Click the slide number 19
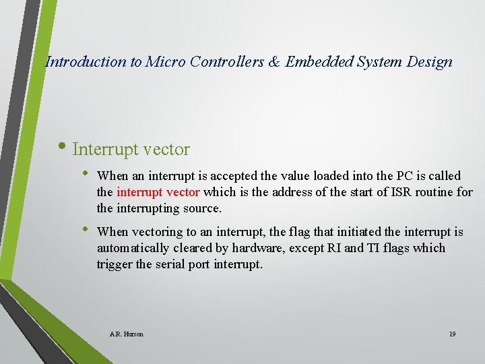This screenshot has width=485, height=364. click(x=452, y=334)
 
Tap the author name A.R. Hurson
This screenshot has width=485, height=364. click(x=126, y=334)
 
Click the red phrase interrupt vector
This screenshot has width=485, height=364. click(x=158, y=192)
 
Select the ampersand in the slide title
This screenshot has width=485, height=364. click(x=274, y=62)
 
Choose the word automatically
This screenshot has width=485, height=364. click(x=131, y=248)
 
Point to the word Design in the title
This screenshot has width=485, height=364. click(x=429, y=62)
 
